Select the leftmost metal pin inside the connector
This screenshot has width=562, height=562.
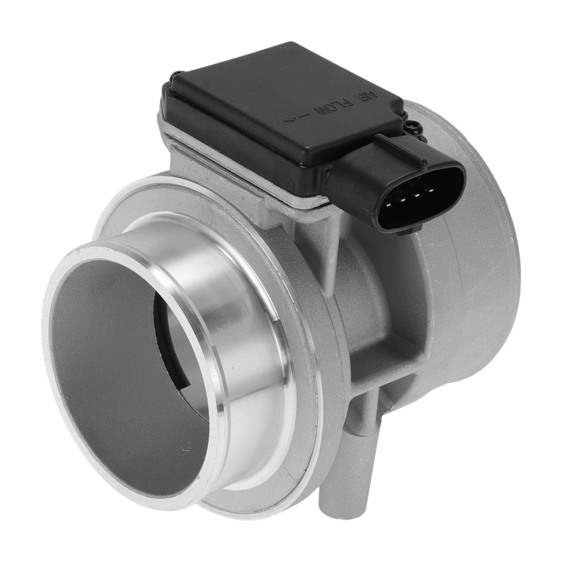tap(389, 205)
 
